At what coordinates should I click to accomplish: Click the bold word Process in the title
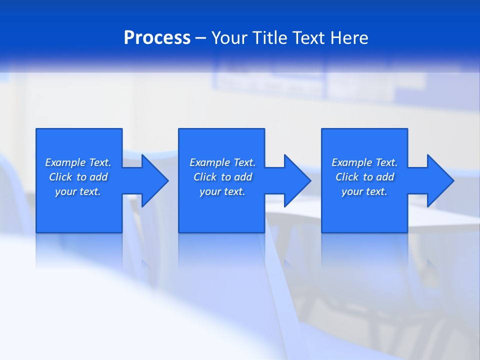157,38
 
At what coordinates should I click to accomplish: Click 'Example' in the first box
65,162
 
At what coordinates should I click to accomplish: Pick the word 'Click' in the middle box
205,177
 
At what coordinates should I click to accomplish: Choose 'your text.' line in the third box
364,191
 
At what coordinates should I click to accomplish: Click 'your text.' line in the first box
78,191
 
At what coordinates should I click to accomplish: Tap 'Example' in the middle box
210,162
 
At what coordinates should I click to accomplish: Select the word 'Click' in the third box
347,177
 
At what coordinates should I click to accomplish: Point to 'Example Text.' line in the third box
364,162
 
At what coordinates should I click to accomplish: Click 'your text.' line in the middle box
222,191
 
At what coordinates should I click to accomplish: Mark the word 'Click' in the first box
60,177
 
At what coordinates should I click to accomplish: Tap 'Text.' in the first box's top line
100,162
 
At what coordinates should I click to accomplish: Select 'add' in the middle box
243,177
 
